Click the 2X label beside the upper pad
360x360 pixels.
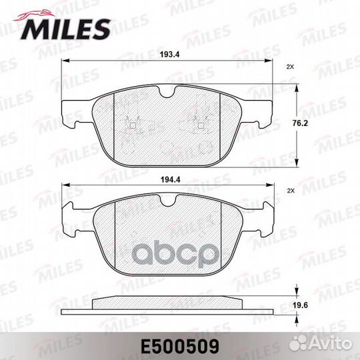click(289, 67)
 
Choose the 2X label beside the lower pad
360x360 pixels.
click(289, 191)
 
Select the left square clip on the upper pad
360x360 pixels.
click(132, 125)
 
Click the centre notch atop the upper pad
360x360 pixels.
click(167, 89)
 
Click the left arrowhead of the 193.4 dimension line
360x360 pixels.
click(63, 62)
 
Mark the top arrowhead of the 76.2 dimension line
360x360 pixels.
click(297, 86)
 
